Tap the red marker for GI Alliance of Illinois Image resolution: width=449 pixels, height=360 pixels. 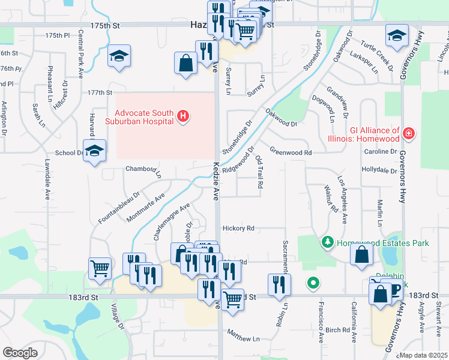[409, 133]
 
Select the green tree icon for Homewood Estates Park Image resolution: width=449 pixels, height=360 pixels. [328, 243]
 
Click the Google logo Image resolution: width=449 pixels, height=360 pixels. [20, 352]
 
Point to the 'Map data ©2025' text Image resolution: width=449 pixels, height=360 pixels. [424, 355]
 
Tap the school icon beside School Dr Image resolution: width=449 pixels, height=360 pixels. [94, 151]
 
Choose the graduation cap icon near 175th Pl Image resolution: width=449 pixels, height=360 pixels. [119, 56]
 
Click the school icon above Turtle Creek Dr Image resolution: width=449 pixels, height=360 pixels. [397, 36]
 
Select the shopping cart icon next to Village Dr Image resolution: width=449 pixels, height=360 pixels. [100, 269]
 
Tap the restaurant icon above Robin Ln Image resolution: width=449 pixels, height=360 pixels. [279, 285]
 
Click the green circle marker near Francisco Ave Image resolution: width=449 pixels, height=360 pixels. [313, 282]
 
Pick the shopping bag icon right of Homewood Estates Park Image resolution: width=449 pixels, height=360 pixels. [362, 254]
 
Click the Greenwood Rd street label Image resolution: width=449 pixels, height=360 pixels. [291, 152]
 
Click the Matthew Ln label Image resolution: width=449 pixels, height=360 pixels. [244, 339]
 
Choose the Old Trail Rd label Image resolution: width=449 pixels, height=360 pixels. [259, 173]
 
